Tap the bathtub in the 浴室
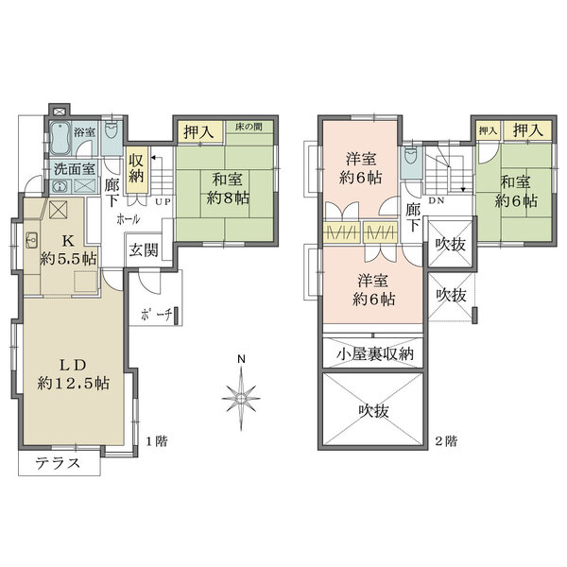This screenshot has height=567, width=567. click(60, 141)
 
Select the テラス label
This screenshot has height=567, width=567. click(56, 463)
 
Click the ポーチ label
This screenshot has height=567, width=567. click(154, 316)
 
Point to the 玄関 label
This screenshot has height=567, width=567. click(144, 250)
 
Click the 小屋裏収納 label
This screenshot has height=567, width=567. click(375, 354)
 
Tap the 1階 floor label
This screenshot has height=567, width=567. click(156, 440)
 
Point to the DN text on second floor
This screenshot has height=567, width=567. click(438, 201)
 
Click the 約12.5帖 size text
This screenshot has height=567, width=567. click(74, 384)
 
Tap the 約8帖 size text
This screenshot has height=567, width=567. click(230, 198)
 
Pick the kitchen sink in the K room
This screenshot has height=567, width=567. click(30, 239)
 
